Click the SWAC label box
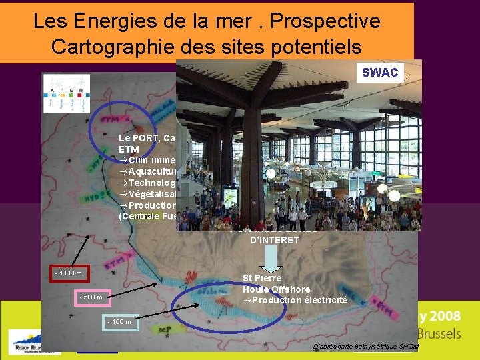tap(379, 72)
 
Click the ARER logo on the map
tap(67, 93)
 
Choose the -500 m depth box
tap(91, 297)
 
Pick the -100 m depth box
tap(120, 323)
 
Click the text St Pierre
tap(262, 277)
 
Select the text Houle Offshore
tap(276, 289)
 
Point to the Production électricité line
tap(295, 300)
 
